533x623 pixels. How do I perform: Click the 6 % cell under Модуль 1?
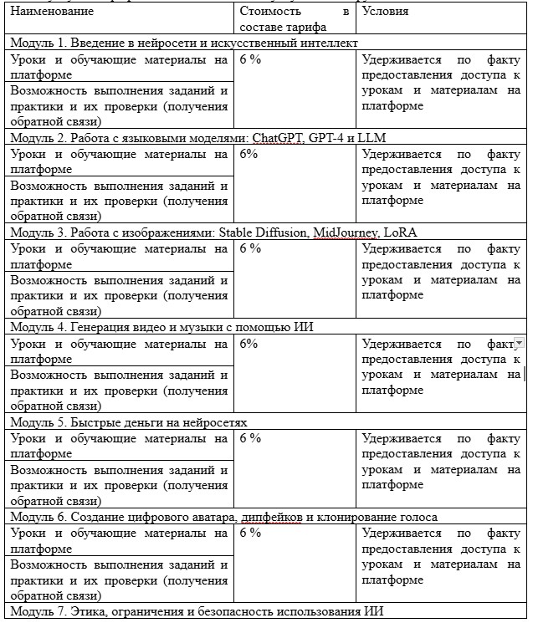(250, 59)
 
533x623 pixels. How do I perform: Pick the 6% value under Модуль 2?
(249, 154)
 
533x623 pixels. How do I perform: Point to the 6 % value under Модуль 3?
(250, 248)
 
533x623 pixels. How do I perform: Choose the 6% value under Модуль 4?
(249, 344)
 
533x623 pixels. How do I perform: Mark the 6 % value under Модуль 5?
(250, 438)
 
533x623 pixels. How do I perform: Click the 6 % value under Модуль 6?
(250, 533)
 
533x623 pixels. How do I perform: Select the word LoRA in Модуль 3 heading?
(400, 232)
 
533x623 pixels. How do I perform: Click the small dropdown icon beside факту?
(519, 343)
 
